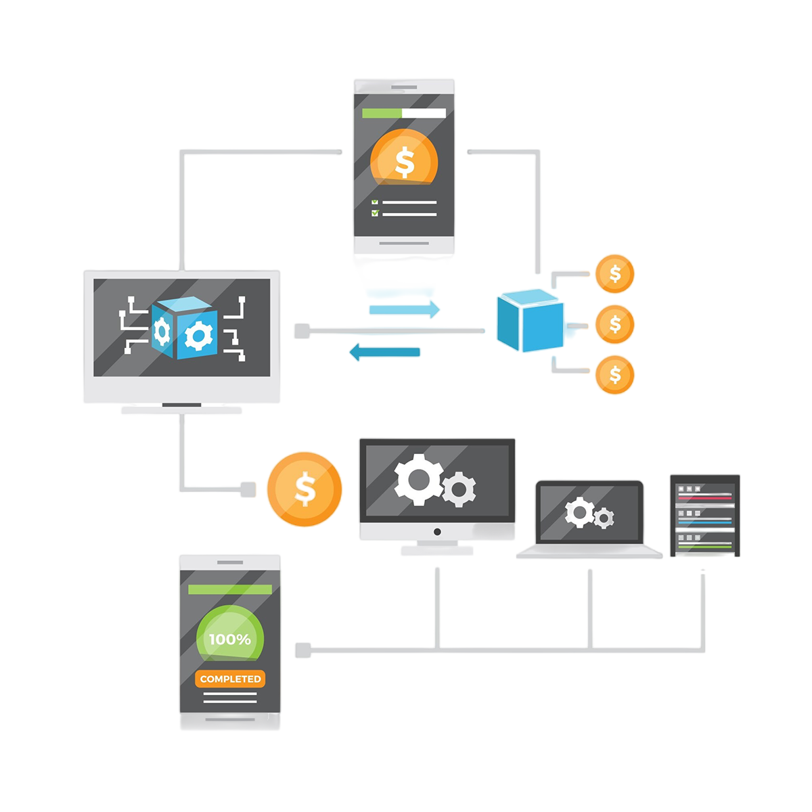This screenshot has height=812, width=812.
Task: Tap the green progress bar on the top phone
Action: tap(382, 113)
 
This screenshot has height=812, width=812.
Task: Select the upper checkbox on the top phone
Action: tap(375, 202)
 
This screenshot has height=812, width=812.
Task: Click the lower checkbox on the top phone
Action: tap(375, 214)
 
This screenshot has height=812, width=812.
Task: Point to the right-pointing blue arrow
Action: tap(405, 310)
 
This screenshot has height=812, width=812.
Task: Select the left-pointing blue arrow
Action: tap(384, 351)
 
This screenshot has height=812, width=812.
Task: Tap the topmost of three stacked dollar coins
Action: tap(614, 274)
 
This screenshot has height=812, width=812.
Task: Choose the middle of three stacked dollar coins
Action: tap(614, 324)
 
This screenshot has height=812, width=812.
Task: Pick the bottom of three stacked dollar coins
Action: tap(614, 374)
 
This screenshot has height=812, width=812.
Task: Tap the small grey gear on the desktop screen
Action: tap(459, 489)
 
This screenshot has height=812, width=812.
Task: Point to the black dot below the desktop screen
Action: tap(437, 532)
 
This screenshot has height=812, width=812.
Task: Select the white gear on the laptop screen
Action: tap(579, 512)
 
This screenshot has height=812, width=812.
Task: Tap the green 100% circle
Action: tap(229, 639)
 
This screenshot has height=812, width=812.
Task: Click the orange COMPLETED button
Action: tap(230, 679)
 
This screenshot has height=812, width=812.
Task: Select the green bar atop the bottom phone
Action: tap(230, 589)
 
